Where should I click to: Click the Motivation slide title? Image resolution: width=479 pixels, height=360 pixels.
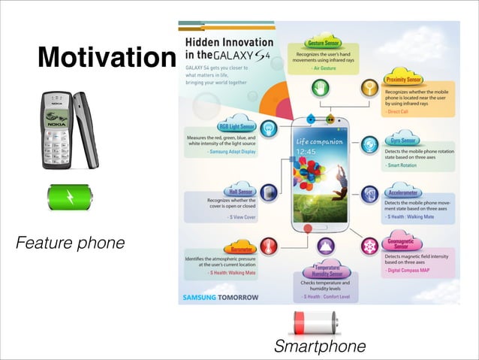(x=105, y=58)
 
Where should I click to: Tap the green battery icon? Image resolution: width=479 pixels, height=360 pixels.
(x=69, y=198)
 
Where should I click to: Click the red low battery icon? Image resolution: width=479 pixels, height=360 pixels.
(x=315, y=323)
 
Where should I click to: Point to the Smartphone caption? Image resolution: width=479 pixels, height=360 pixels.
(x=320, y=346)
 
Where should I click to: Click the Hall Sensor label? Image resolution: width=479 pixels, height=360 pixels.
(x=241, y=192)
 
